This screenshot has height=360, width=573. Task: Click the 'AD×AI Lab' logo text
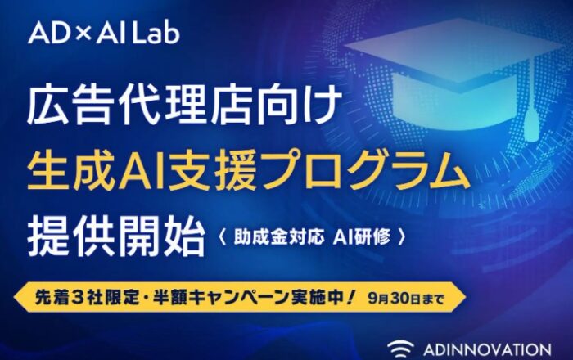click(104, 33)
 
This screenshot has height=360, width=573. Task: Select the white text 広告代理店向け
click(184, 106)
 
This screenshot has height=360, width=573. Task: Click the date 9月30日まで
click(406, 299)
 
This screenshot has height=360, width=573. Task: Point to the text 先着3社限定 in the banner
click(87, 298)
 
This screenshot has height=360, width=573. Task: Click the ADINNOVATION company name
click(487, 349)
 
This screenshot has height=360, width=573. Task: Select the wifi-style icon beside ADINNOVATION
click(401, 347)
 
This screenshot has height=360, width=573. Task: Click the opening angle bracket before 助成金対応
click(222, 238)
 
